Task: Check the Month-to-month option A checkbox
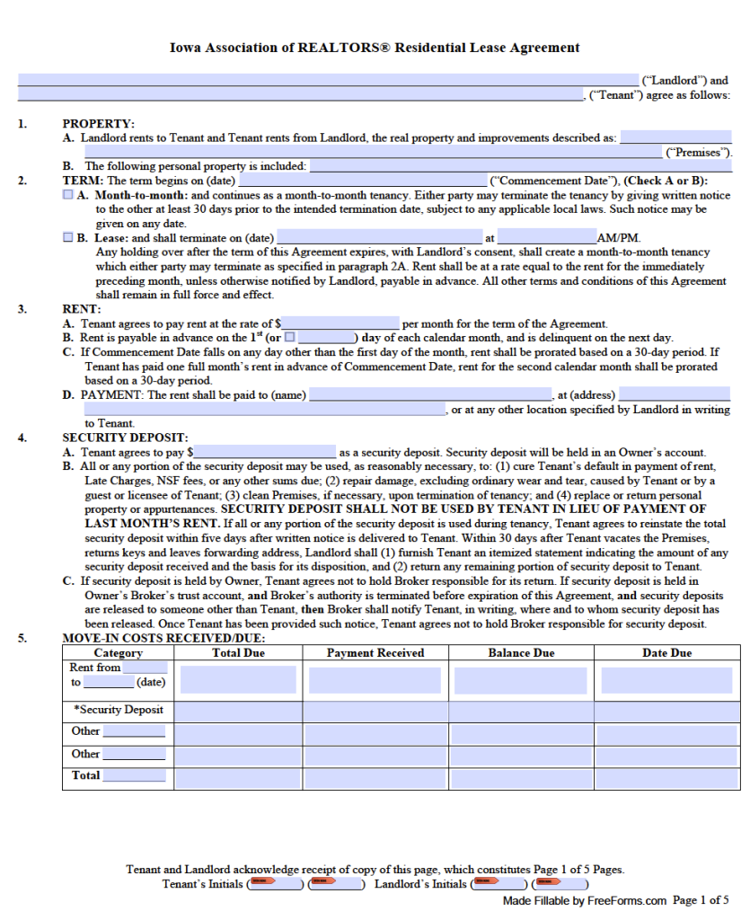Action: pos(68,195)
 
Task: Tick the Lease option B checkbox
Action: pos(68,238)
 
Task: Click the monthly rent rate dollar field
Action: pos(340,323)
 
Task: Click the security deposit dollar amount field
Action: pos(265,453)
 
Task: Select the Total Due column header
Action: pos(238,653)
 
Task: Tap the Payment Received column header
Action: pos(375,653)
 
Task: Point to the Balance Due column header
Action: pos(521,653)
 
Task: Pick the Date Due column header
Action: pos(666,653)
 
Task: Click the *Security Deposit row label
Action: pos(119,710)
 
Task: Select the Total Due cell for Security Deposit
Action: pos(238,712)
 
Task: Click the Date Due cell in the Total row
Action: pos(666,777)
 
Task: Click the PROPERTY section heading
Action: pos(98,124)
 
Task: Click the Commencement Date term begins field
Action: pos(363,181)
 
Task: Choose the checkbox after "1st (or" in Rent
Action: pos(289,338)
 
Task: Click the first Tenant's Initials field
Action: pos(275,884)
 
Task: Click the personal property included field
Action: pos(520,166)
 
